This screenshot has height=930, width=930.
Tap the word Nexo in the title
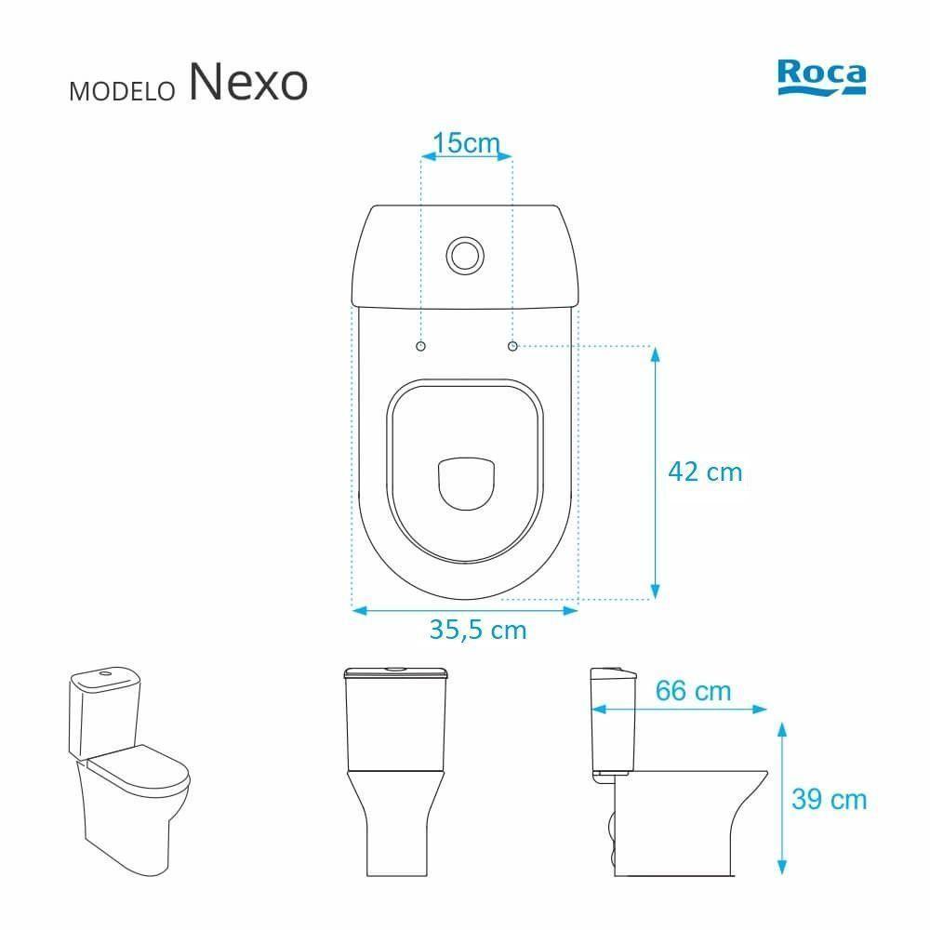(x=247, y=83)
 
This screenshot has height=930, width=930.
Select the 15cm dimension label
(x=467, y=143)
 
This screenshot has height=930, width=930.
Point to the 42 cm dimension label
(x=705, y=472)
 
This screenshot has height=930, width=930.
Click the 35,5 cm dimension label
(x=478, y=631)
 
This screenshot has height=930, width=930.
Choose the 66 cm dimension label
(x=693, y=692)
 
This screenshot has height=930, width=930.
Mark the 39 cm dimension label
(x=829, y=799)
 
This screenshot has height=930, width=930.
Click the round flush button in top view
(x=465, y=253)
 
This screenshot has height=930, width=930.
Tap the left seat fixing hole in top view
(x=420, y=346)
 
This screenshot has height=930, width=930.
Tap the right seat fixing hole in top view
(x=512, y=346)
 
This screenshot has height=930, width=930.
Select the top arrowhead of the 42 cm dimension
(x=655, y=354)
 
